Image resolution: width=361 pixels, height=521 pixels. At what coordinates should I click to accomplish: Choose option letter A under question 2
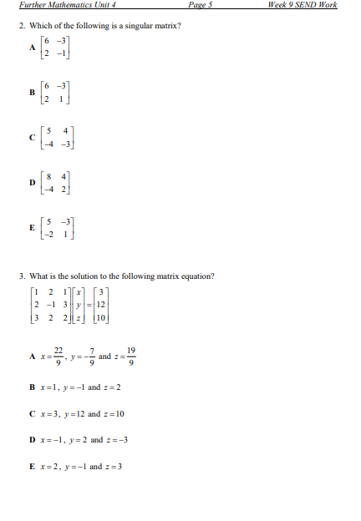(x=33, y=48)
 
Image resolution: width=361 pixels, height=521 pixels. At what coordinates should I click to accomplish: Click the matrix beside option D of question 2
(x=58, y=180)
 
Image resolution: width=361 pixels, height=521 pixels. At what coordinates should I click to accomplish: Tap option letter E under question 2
(x=33, y=226)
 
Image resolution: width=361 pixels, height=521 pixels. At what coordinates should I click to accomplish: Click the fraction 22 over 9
(x=58, y=357)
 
